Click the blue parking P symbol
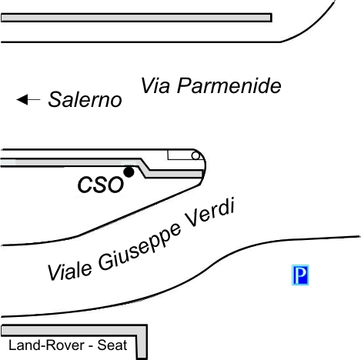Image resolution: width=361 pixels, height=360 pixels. tap(300, 275)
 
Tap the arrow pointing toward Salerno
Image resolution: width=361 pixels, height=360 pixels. tap(28, 99)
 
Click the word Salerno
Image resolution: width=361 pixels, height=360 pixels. tap(85, 99)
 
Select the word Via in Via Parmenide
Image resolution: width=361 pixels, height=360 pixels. tap(155, 86)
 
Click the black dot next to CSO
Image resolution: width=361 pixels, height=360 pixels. tap(129, 172)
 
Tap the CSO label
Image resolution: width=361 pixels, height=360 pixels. tap(101, 185)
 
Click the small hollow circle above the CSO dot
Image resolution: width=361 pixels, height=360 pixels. tap(196, 155)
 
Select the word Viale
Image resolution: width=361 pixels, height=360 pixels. tap(69, 271)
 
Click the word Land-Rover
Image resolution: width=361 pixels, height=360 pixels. tap(46, 345)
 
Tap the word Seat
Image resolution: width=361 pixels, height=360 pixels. tap(112, 345)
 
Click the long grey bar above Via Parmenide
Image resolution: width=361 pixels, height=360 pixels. tap(136, 18)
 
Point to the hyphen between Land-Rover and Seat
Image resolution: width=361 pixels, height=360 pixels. tap(90, 346)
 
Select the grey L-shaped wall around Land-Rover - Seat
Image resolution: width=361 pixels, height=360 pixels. tap(142, 330)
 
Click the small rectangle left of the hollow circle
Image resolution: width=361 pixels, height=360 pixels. tap(179, 155)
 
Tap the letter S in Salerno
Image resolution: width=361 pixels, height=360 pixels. tap(56, 99)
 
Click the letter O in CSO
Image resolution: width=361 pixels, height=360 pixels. tap(116, 185)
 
